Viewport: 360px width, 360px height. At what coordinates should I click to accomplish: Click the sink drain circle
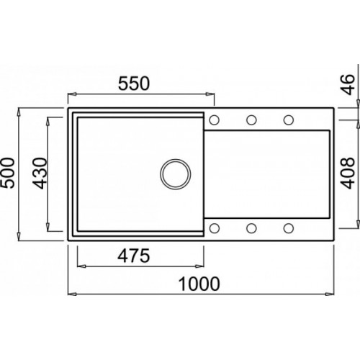point(174,174)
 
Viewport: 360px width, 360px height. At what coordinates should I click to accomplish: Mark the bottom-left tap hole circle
point(215,228)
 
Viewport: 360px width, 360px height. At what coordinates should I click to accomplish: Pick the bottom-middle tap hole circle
point(251,228)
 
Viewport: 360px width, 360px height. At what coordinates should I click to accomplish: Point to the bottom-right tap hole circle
point(288,228)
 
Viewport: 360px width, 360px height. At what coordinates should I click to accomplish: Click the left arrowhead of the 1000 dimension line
point(72,294)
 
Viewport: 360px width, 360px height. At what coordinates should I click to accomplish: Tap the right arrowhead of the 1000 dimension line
point(332,294)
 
